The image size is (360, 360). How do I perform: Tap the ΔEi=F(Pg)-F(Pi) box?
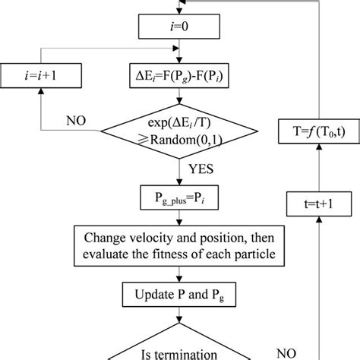180,76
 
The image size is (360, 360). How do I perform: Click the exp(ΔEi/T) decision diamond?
180,130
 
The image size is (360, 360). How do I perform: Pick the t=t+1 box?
317,205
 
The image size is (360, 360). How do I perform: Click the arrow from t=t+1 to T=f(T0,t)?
317,167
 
